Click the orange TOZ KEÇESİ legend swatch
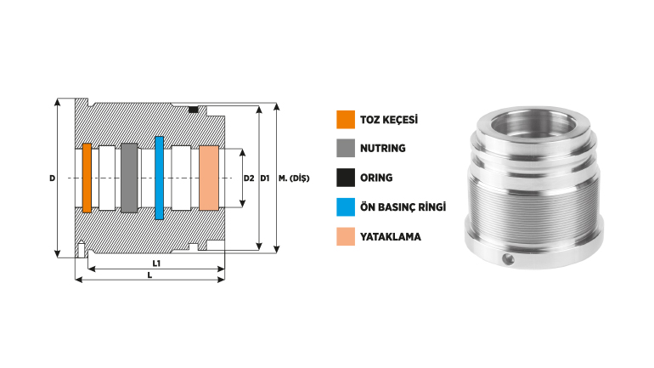[x=345, y=120]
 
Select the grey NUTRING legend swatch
[x=345, y=148]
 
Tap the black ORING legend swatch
[x=345, y=178]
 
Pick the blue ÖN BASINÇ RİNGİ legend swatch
[x=345, y=207]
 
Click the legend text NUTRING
[x=383, y=149]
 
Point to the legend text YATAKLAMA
[x=391, y=236]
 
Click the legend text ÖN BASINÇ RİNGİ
[x=403, y=207]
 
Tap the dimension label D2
[x=249, y=178]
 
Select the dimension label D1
[x=265, y=178]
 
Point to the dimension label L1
[x=156, y=263]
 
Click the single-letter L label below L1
[x=149, y=276]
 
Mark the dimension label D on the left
[x=52, y=178]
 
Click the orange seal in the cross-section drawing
[x=87, y=178]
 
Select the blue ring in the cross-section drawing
[x=159, y=178]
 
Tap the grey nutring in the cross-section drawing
[x=128, y=178]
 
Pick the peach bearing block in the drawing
[x=209, y=178]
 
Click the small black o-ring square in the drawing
[x=194, y=110]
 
